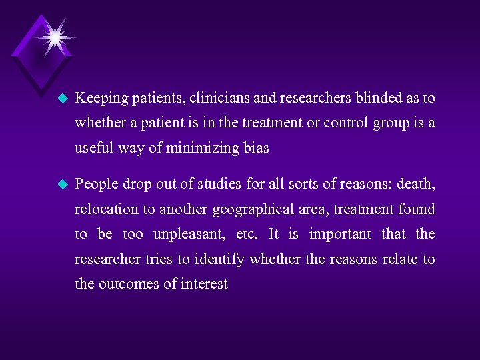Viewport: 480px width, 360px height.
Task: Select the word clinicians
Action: coord(219,98)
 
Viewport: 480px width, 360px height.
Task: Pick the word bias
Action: coord(256,147)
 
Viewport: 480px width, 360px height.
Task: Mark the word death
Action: coord(416,184)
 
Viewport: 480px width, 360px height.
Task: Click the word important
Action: coord(340,234)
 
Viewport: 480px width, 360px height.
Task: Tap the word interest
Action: coord(204,284)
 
